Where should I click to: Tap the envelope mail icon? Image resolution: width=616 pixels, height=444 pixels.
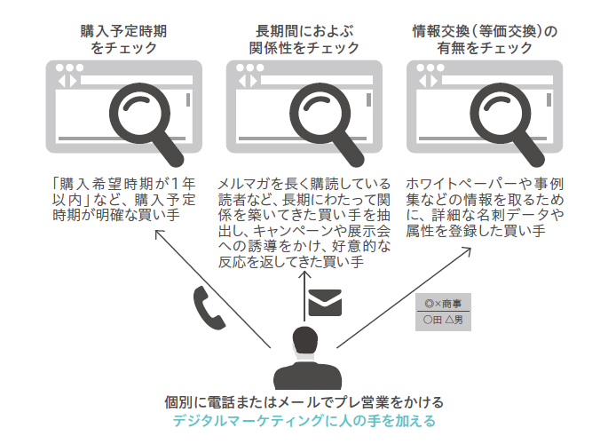324,304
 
